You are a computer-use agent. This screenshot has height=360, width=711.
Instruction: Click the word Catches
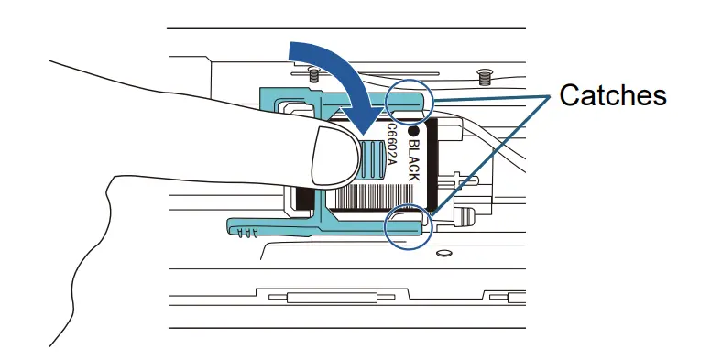pyautogui.click(x=612, y=94)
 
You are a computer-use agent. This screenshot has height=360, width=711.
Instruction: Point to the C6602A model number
pyautogui.click(x=391, y=147)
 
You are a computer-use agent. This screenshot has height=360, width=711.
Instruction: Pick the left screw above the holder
pyautogui.click(x=312, y=70)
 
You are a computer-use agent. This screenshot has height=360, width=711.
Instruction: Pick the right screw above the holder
pyautogui.click(x=484, y=71)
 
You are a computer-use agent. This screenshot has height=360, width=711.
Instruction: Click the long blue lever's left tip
pyautogui.click(x=231, y=224)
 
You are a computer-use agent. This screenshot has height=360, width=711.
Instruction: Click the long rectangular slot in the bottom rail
pyautogui.click(x=331, y=298)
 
